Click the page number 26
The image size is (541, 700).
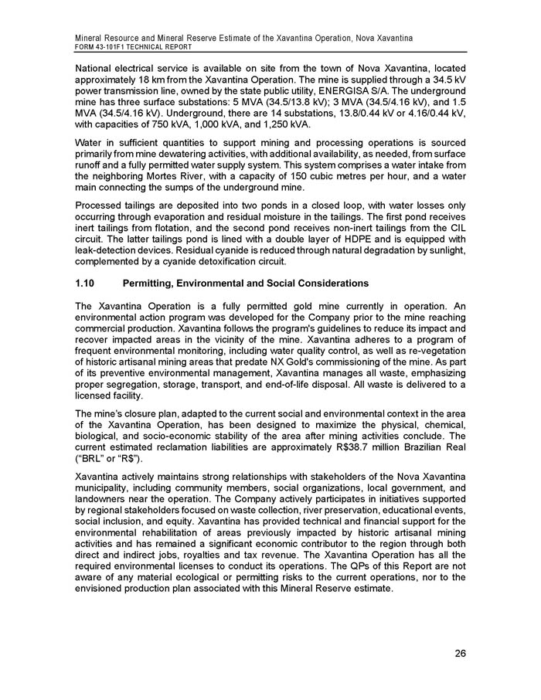pyautogui.click(x=461, y=654)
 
